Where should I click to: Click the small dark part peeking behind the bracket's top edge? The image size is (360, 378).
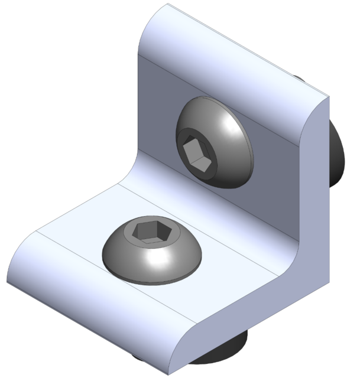pyautogui.click(x=299, y=78)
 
